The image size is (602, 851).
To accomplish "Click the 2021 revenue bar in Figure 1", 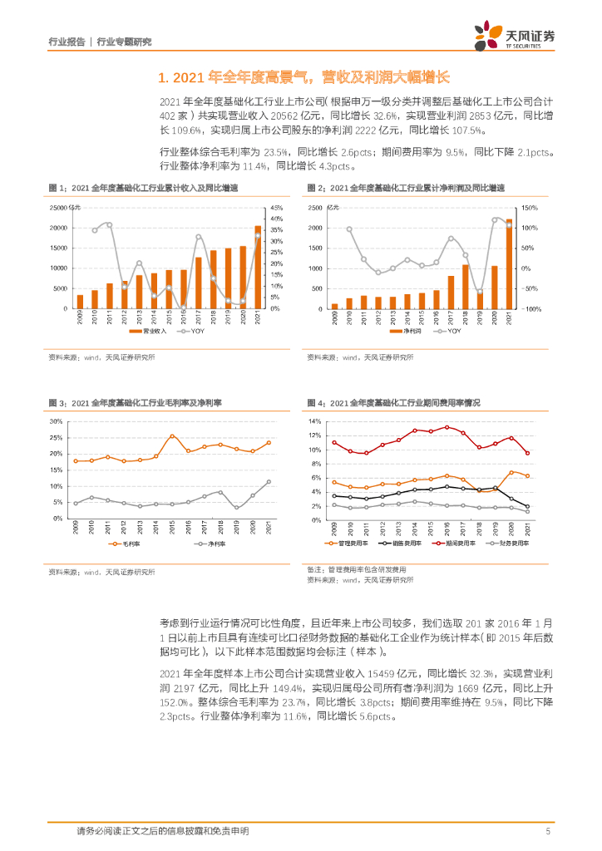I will click(258, 267).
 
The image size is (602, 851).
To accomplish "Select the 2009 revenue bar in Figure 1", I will click(80, 302).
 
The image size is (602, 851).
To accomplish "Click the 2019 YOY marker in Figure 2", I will click(480, 292).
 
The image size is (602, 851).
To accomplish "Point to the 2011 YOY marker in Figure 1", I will click(109, 225).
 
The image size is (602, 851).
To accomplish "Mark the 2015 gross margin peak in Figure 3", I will click(172, 436).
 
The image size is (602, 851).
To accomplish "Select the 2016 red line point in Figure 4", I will click(447, 427).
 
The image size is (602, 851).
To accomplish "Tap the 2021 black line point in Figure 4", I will click(527, 506).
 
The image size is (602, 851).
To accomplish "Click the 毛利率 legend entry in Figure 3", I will click(125, 543).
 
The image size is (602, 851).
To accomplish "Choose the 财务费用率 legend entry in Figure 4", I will click(508, 543).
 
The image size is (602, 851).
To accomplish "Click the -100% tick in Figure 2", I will click(533, 308).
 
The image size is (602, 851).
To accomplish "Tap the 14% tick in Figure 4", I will click(314, 421).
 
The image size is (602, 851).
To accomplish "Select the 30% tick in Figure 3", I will click(57, 421).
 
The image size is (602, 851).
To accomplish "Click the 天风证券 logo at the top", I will click(515, 36).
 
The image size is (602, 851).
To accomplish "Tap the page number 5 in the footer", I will click(548, 830).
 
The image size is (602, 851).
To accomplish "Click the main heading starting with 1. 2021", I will click(303, 77).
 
